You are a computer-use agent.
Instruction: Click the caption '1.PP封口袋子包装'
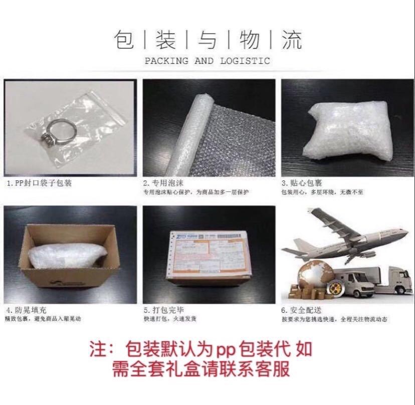pyautogui.click(x=39, y=183)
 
